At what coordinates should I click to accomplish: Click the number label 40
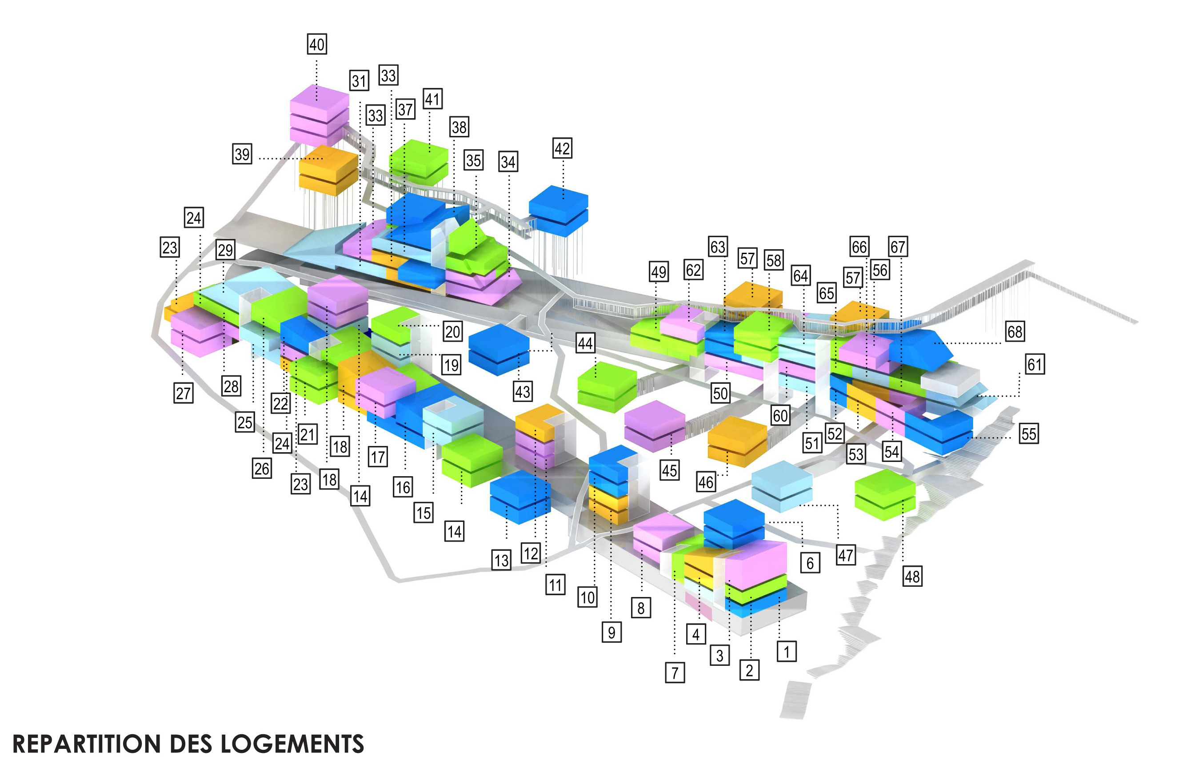click(317, 44)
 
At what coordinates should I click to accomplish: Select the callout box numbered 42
click(562, 148)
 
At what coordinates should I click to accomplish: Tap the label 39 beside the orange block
click(242, 154)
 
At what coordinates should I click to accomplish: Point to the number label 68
click(1015, 331)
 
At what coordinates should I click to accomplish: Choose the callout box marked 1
click(787, 651)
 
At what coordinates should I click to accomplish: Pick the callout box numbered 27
click(183, 394)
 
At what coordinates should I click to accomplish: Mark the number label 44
click(585, 343)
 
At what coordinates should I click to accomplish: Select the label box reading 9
click(612, 632)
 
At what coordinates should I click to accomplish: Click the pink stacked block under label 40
click(319, 114)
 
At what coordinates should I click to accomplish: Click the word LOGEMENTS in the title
click(292, 744)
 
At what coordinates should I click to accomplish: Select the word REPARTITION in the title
click(86, 744)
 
